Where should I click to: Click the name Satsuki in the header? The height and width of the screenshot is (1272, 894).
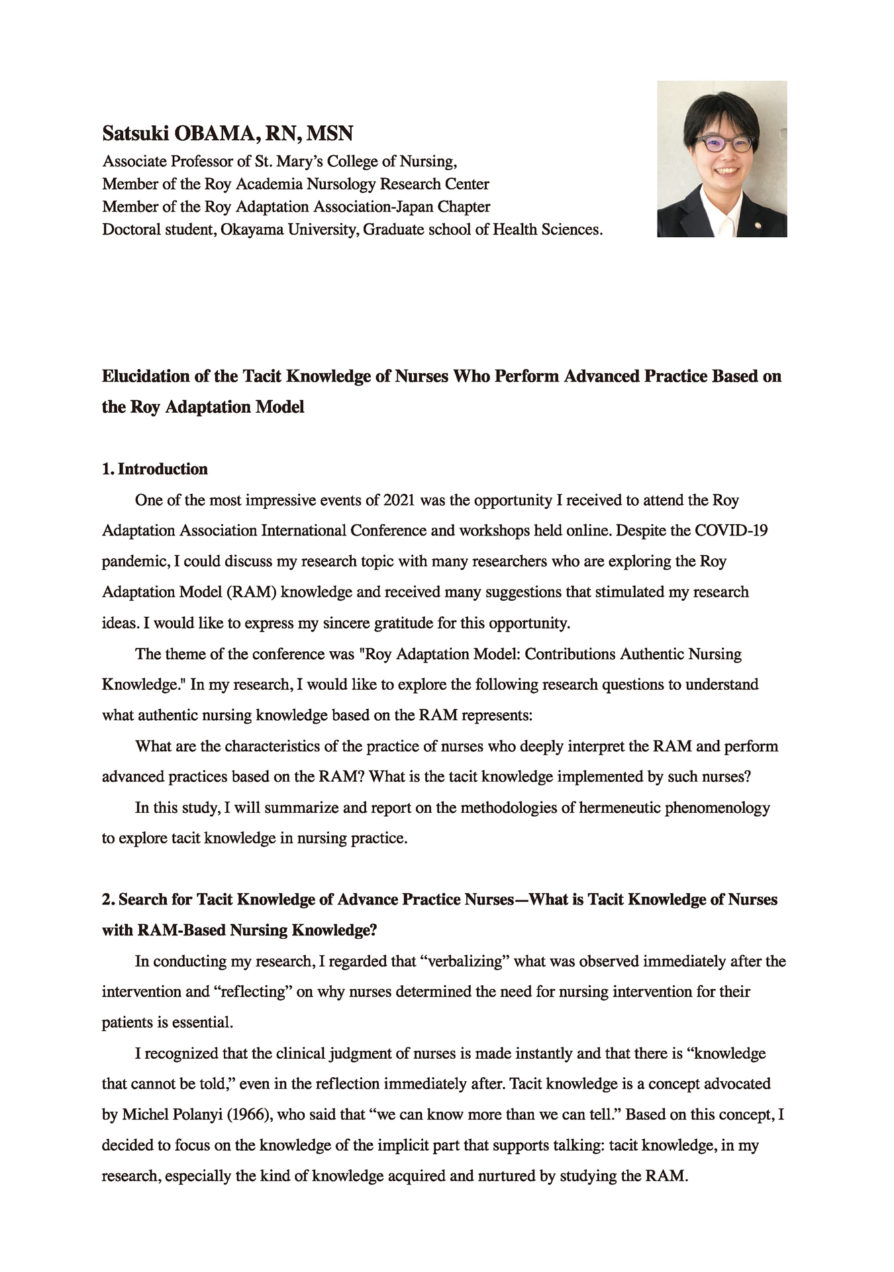coord(135,134)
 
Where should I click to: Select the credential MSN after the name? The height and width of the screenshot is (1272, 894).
coord(329,134)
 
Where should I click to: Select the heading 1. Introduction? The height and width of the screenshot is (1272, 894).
coord(155,469)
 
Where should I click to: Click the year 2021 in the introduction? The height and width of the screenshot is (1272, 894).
coord(399,500)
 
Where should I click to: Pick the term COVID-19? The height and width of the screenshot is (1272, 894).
coord(731,531)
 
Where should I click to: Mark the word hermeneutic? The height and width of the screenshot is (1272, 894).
coord(620,808)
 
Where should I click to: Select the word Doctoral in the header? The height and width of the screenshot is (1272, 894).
coord(130,230)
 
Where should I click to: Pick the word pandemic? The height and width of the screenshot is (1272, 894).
coord(133,562)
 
